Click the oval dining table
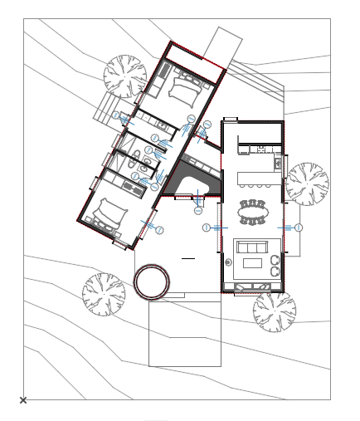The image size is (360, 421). [x=253, y=213]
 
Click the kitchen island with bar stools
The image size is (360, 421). [x=255, y=179]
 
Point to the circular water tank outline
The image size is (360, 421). [x=152, y=282]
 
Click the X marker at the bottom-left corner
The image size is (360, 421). [x=23, y=400]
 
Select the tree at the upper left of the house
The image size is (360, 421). [x=124, y=76]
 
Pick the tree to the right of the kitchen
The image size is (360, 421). [x=307, y=184]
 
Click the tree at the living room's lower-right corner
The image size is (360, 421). [x=275, y=311]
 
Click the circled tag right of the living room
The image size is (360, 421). [x=299, y=227]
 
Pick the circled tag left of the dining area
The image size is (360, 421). [x=206, y=227]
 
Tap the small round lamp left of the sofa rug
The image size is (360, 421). [x=229, y=262]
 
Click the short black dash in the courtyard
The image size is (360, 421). [x=188, y=259]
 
